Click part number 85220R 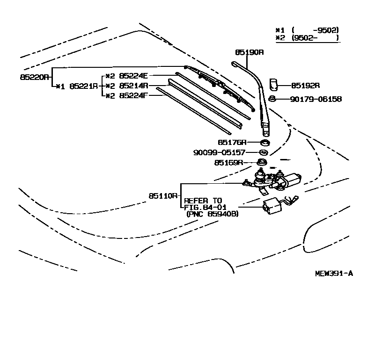click(34, 77)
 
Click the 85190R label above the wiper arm click(250, 52)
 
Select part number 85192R click(305, 86)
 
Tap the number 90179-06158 click(316, 99)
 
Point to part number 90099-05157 click(219, 152)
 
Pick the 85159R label click(229, 163)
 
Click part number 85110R click(163, 195)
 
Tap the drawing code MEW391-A click(333, 274)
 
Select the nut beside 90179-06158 click(272, 99)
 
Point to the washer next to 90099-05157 click(264, 152)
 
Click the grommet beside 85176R click(264, 142)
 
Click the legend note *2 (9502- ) click(307, 38)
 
